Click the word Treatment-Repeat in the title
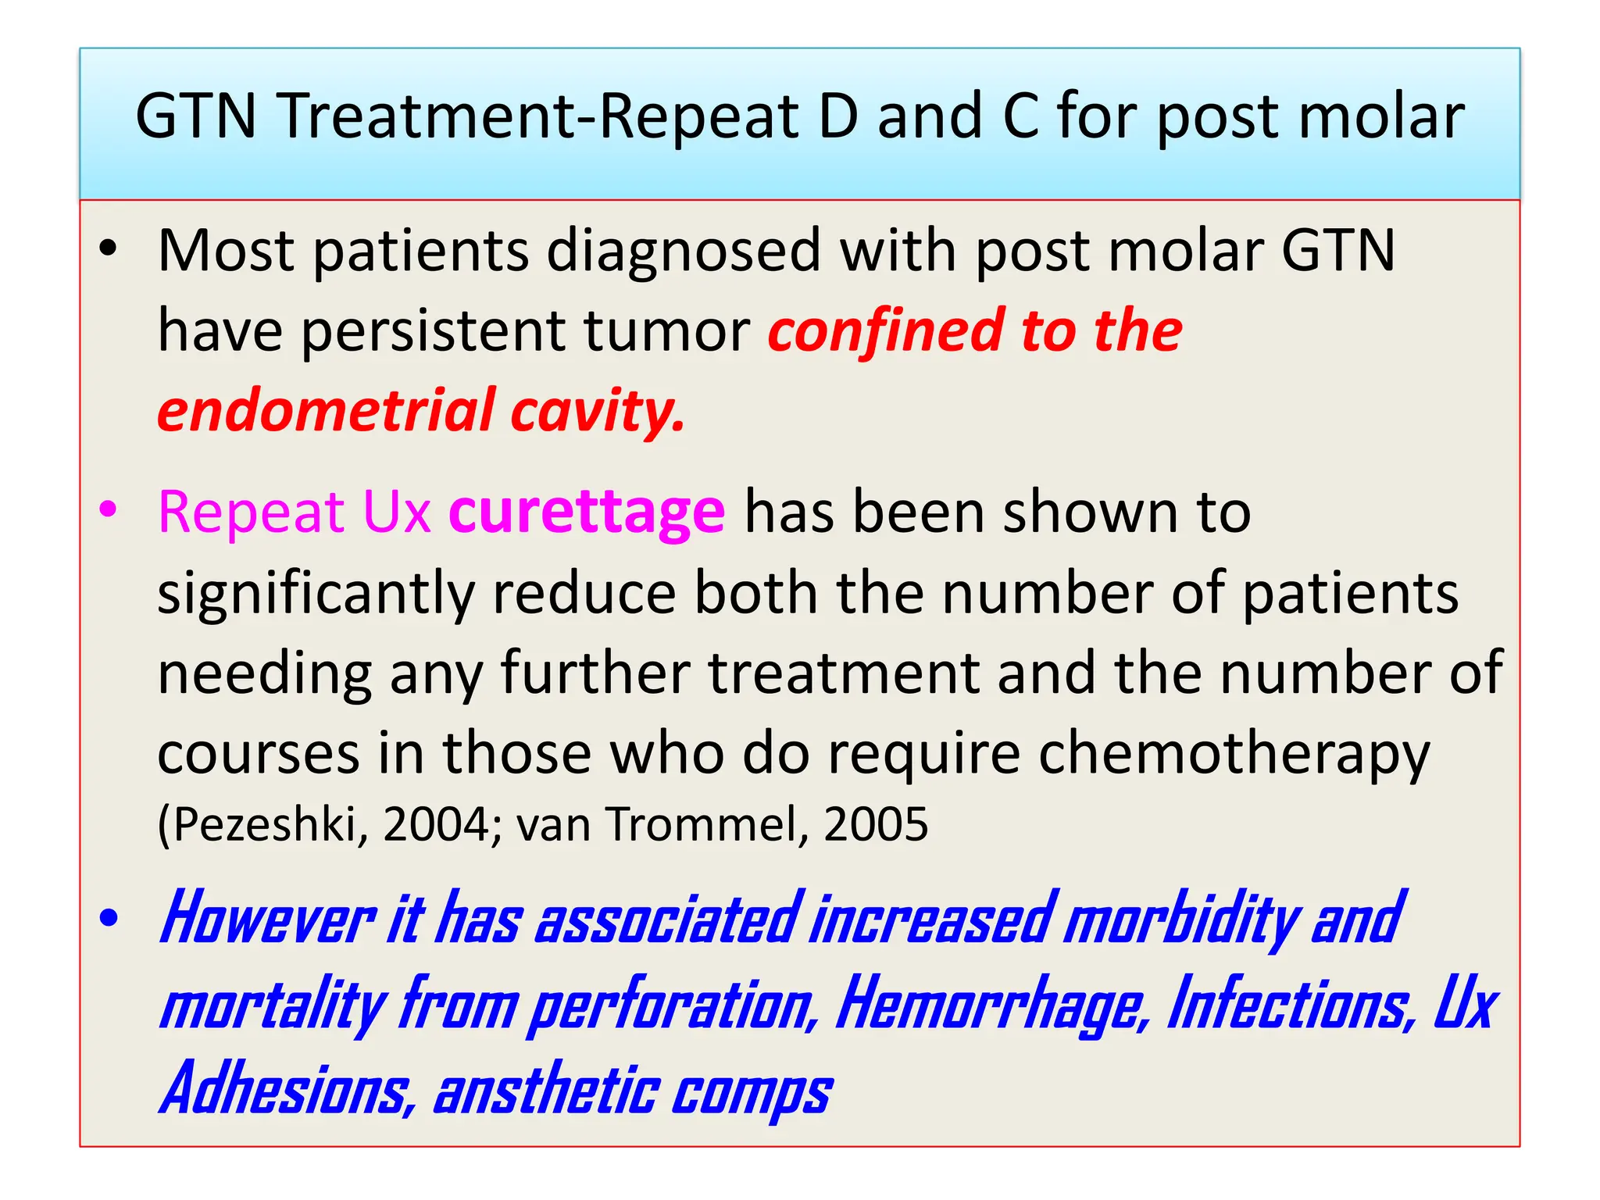[x=540, y=117]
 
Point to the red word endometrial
[x=327, y=411]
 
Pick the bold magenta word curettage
[x=587, y=513]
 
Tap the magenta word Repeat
[x=251, y=513]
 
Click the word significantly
[x=316, y=595]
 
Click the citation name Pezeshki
[x=263, y=825]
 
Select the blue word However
[x=267, y=920]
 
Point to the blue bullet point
[x=109, y=918]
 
